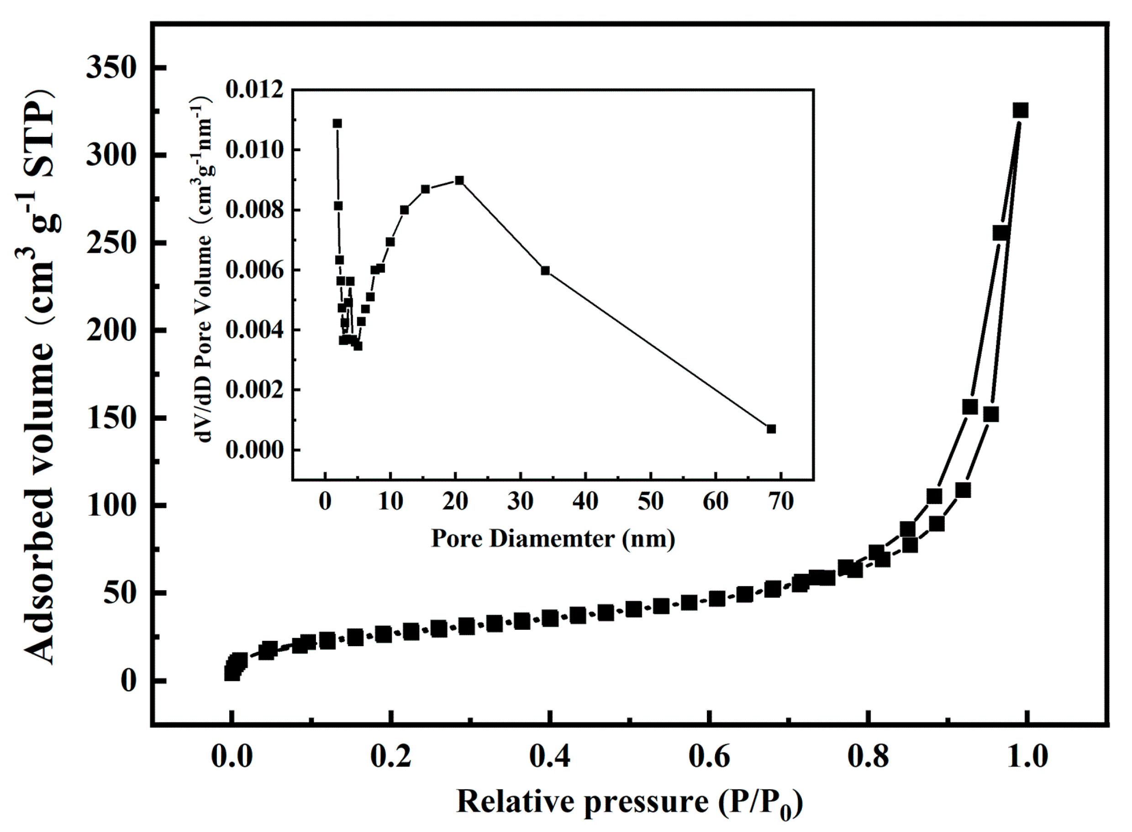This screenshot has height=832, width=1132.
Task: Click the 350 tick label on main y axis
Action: click(111, 67)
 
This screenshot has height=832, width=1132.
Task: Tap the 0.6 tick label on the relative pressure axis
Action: click(709, 756)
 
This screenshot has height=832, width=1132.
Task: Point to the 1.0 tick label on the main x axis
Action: click(1027, 756)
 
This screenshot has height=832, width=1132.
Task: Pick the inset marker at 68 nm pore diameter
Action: click(771, 429)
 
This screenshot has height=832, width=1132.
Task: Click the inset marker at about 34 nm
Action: click(545, 271)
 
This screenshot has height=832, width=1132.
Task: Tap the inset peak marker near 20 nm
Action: click(459, 180)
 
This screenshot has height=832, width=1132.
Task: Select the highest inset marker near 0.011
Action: click(337, 123)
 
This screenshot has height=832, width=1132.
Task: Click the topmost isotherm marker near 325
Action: click(1020, 110)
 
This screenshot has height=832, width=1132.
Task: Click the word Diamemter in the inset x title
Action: click(552, 539)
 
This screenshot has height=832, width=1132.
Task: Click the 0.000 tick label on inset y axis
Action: click(254, 450)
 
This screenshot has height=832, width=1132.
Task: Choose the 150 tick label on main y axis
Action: click(111, 418)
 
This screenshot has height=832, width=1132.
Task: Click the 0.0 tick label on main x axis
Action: click(231, 756)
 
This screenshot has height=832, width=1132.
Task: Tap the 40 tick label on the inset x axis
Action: click(585, 502)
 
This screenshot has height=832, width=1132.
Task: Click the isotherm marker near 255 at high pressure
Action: click(1000, 233)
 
